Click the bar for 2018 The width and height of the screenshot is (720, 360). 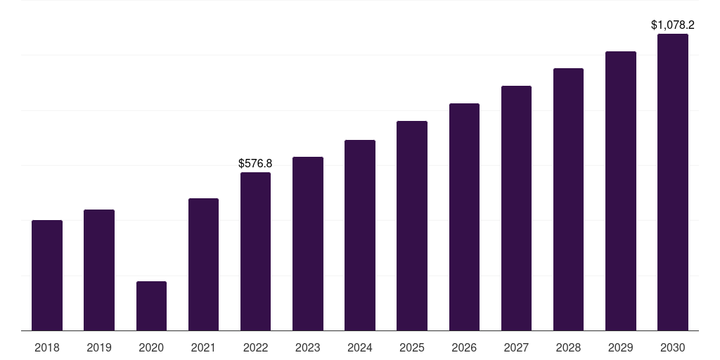point(47,276)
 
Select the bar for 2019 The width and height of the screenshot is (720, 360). point(99,270)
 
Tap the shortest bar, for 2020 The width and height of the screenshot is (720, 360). point(152,306)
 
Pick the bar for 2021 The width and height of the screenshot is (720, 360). point(203,264)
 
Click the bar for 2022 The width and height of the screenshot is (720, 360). point(255,252)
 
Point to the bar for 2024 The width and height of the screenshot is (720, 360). point(360,235)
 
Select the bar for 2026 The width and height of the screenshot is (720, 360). point(464,217)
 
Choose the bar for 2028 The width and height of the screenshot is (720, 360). point(568,199)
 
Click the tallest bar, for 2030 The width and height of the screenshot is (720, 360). point(673,182)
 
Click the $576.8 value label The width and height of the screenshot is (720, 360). point(255,163)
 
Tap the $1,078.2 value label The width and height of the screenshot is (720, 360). point(673,25)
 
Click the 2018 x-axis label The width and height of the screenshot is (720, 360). point(47,347)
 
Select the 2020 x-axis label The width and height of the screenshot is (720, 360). point(152,347)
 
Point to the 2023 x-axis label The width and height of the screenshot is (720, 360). point(308,347)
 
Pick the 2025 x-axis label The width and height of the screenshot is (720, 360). point(412,347)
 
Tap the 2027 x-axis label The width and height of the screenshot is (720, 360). point(516,347)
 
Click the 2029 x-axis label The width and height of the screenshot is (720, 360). point(621,347)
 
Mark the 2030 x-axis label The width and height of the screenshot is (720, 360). point(673,347)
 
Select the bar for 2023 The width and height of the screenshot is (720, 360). point(308,244)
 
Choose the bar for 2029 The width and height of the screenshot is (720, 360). point(621,191)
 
